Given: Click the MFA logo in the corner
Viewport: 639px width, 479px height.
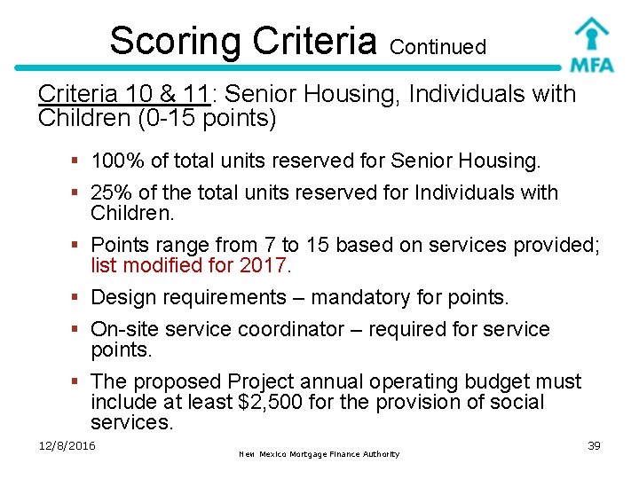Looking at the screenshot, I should point(590,43).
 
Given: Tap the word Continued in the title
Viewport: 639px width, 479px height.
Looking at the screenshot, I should point(438,46).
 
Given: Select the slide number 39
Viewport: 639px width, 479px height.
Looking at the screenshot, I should point(594,445).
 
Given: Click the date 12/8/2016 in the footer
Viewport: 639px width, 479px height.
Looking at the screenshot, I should point(67,445).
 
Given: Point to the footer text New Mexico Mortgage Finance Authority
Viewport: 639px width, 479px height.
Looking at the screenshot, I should point(319,454).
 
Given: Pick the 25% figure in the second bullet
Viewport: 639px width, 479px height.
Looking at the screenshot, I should point(107,192).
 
